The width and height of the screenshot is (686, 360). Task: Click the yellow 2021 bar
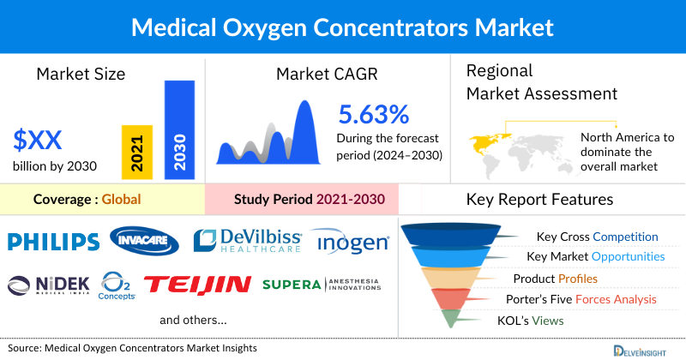pos(136,151)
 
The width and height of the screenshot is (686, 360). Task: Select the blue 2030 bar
pos(180,129)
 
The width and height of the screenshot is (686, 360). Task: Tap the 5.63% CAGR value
pos(374,114)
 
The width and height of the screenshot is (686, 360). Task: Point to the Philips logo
pos(52,242)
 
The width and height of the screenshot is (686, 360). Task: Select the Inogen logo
pos(349,243)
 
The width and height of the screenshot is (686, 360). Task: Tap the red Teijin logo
pos(197,284)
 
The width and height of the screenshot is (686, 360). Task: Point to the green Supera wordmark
pos(291,284)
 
